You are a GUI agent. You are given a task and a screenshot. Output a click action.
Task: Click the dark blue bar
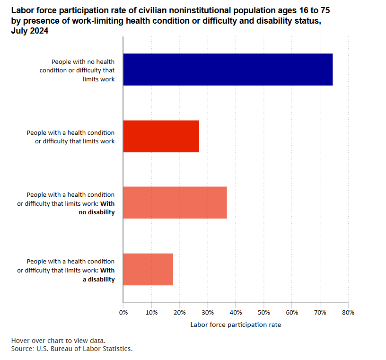228,70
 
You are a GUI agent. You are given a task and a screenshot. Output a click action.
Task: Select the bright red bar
161,136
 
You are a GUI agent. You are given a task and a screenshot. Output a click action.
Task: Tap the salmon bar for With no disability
175,202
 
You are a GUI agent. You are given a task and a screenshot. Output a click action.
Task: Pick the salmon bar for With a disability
148,269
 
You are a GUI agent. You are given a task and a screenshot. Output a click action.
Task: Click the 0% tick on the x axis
123,312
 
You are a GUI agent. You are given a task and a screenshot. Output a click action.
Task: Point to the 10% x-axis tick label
151,312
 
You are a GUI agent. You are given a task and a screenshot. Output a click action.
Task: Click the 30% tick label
207,312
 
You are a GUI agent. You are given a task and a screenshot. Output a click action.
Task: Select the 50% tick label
263,312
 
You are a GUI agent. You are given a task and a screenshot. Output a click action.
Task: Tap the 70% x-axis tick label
320,312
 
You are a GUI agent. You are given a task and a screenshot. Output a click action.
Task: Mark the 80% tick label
348,312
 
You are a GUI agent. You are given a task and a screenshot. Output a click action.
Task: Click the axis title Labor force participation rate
236,325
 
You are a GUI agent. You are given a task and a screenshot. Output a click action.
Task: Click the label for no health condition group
83,70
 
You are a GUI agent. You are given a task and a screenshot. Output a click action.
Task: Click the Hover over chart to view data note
58,341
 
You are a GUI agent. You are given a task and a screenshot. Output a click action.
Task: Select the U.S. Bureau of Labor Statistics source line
71,349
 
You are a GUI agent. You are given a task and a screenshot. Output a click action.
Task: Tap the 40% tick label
236,312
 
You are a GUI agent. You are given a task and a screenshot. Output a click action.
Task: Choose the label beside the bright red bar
71,137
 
